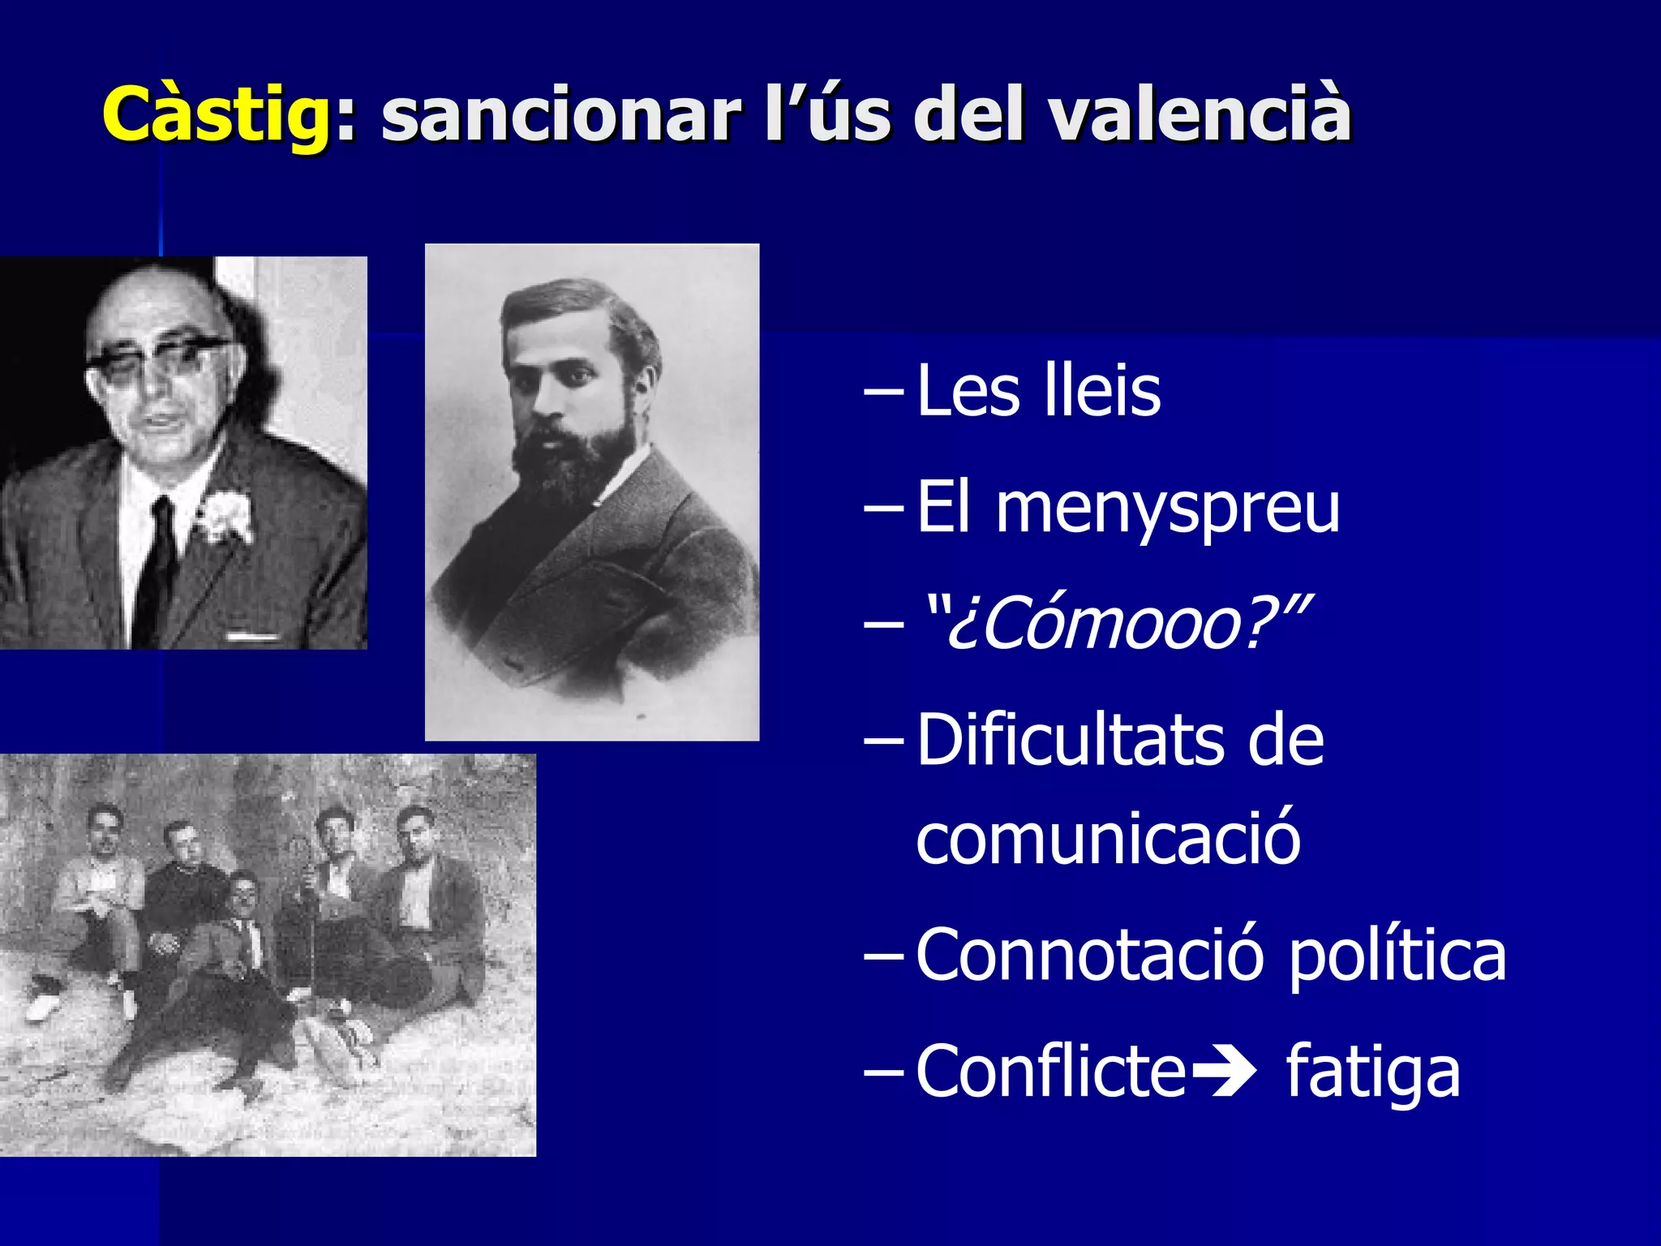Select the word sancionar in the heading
(x=560, y=115)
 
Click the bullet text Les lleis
(x=1038, y=391)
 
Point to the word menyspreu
(x=1168, y=509)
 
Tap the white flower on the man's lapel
(x=225, y=515)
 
